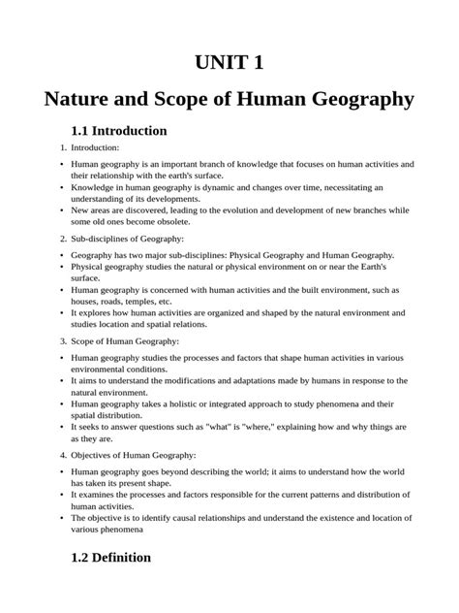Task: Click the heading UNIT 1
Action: [229, 63]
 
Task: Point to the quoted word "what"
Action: [226, 426]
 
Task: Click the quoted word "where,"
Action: [271, 426]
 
